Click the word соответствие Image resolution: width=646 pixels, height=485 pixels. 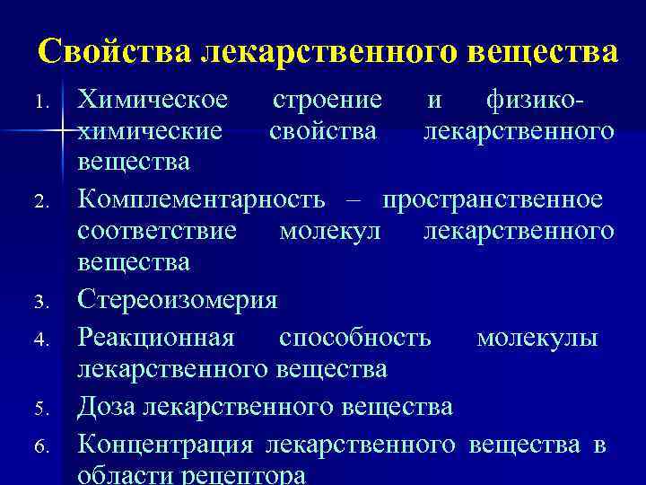click(158, 232)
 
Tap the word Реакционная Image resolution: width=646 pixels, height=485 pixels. click(157, 337)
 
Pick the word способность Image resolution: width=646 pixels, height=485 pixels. click(354, 337)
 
